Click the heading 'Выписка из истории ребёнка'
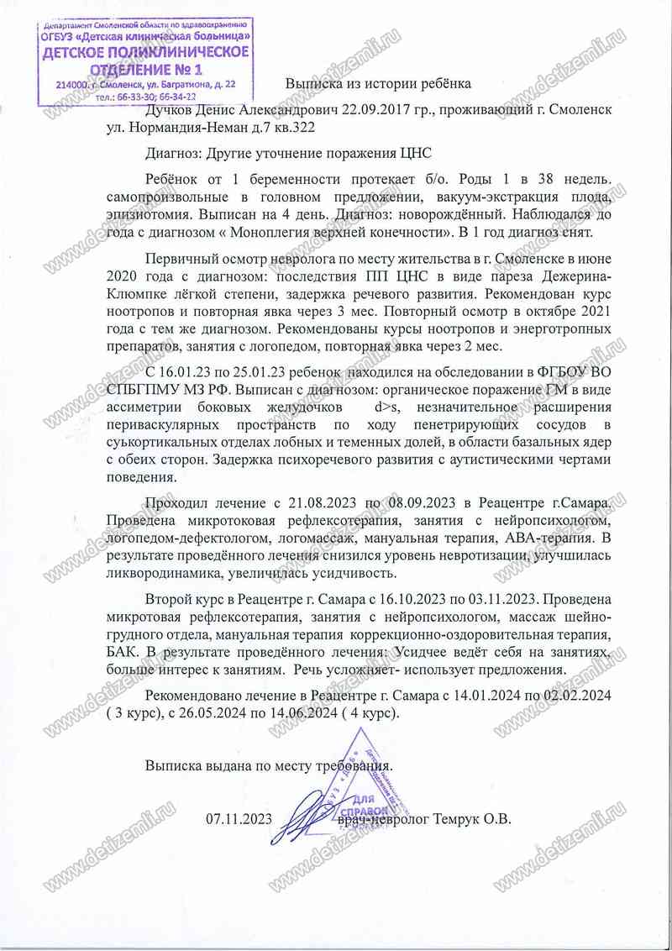coord(378,84)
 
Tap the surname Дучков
coord(170,110)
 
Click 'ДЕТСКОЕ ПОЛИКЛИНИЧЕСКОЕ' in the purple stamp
coord(146,52)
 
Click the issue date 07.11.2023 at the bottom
coord(239,818)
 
